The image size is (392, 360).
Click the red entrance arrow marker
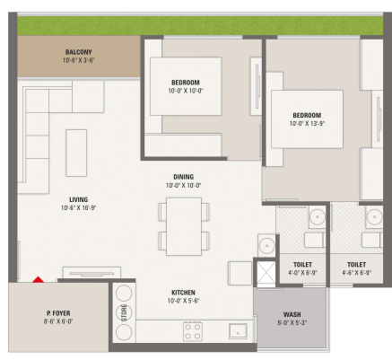[x=39, y=279]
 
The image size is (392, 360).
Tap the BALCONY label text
[x=79, y=52]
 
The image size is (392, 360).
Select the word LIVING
[x=79, y=199]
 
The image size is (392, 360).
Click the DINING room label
[x=184, y=177]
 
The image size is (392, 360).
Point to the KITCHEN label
[x=183, y=293]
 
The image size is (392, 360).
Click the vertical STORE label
[x=124, y=312]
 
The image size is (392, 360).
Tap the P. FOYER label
[x=58, y=313]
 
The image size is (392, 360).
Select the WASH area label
[x=292, y=314]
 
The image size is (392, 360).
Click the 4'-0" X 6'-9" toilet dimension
[x=302, y=273]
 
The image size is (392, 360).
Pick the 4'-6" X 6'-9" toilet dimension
[x=357, y=273]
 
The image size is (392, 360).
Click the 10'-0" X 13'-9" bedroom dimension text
[x=307, y=123]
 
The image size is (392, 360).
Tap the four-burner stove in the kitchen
[x=193, y=331]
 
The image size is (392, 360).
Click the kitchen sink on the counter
[x=238, y=331]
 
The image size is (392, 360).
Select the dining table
[x=184, y=226]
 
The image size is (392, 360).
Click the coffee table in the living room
[x=76, y=153]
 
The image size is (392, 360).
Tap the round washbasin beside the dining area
[x=266, y=246]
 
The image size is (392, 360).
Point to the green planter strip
[x=200, y=26]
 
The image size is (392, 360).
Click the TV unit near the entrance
[x=91, y=273]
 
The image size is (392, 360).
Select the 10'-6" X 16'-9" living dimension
[x=78, y=207]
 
